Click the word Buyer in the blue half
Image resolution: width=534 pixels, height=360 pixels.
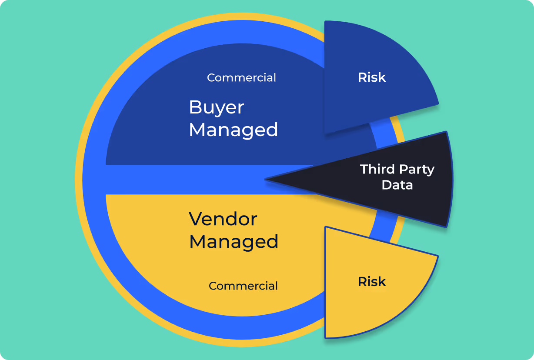pos(216,108)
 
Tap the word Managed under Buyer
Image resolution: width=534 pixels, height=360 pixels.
pos(234,130)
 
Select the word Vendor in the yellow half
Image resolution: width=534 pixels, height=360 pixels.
pos(223,219)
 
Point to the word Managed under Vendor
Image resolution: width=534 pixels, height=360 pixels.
pos(234,241)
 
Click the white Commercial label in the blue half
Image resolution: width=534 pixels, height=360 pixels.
pos(241,78)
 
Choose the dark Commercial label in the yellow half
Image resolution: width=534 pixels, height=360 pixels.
pos(243,286)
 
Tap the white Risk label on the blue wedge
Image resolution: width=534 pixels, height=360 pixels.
pos(372,77)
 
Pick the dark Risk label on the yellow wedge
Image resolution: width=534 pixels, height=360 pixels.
pos(372,282)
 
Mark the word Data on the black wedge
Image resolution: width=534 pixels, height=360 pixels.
pos(397,185)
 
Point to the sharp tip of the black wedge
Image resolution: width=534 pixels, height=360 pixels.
pos(266,179)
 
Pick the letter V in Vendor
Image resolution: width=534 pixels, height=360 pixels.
pos(195,219)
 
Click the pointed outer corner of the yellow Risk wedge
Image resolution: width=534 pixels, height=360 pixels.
pos(437,256)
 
